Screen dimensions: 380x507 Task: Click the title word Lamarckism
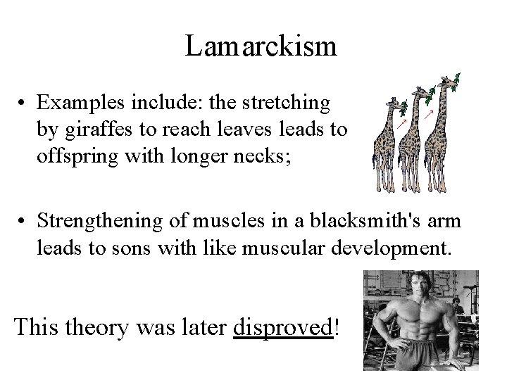261,46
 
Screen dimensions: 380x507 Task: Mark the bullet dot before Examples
23,104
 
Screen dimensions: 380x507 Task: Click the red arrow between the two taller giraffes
427,113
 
